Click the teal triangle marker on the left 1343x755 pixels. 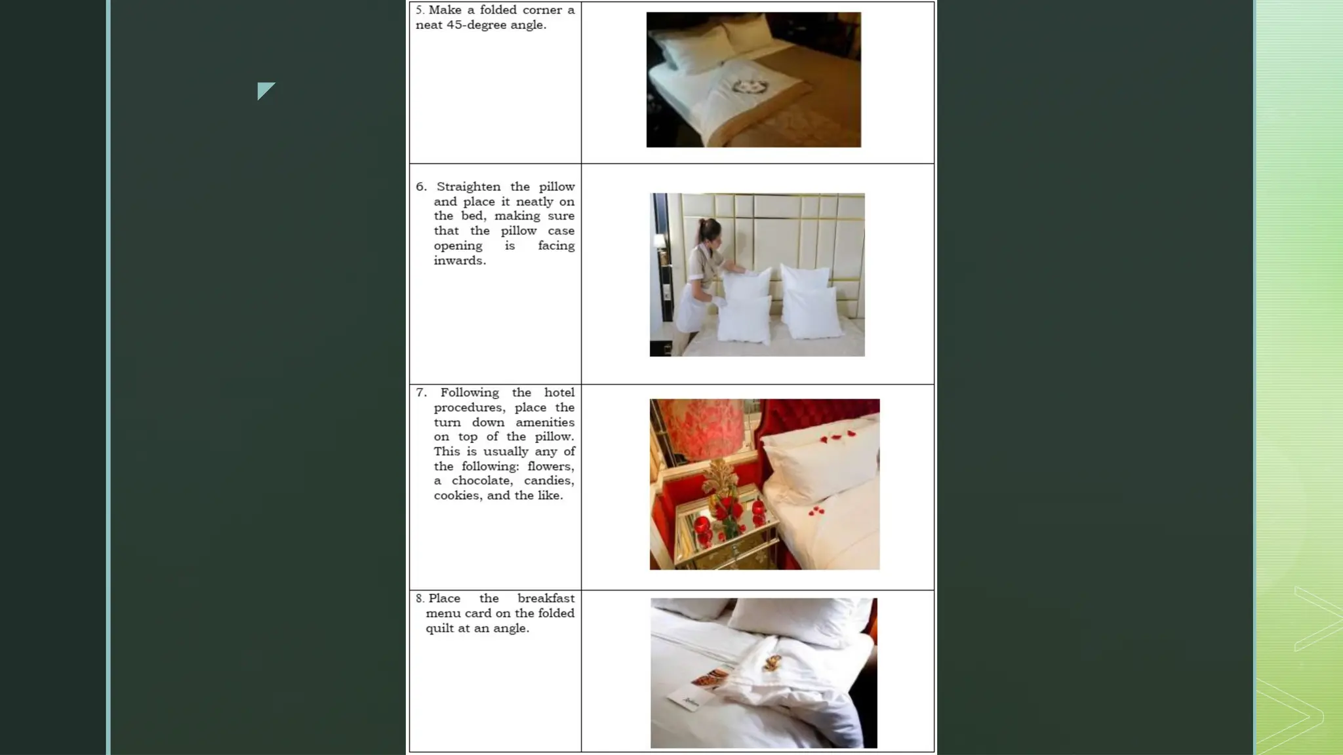264,90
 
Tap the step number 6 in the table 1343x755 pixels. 420,187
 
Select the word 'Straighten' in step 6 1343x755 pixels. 468,187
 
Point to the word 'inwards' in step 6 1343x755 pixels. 458,261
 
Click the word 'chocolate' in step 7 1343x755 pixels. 481,480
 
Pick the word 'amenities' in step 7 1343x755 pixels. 544,422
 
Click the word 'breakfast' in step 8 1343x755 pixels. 546,598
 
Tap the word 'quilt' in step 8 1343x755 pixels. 439,628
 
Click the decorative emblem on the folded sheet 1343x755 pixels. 745,87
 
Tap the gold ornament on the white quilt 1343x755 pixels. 772,663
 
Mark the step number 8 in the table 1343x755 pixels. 419,598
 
